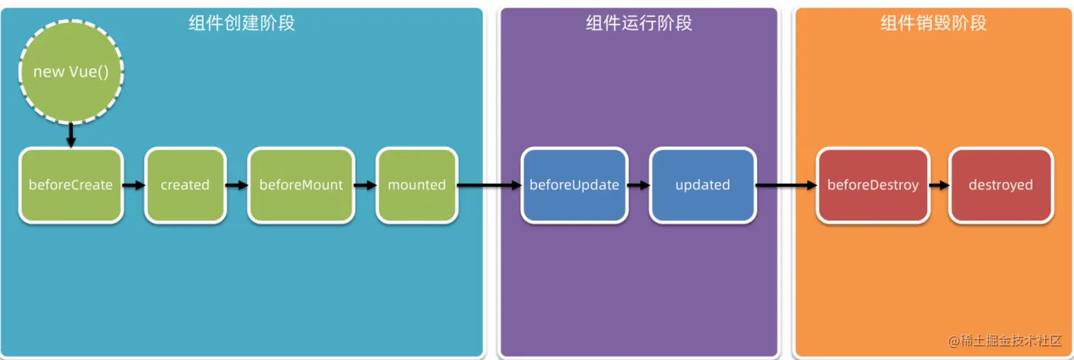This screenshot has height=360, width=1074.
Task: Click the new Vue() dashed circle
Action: (x=71, y=72)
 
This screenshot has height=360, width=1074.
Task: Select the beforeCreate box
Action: (x=70, y=185)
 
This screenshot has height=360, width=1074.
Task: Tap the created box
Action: (x=185, y=185)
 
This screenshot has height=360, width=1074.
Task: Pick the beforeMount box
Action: (x=300, y=185)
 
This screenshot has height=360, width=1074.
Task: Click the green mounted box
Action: (x=417, y=185)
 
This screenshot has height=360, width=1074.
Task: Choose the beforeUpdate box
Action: (x=574, y=185)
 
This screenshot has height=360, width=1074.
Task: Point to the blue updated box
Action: (x=703, y=185)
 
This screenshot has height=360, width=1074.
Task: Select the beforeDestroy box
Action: (x=872, y=185)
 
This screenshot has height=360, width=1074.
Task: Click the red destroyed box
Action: (x=1000, y=185)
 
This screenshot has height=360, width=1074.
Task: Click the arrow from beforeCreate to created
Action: (x=134, y=185)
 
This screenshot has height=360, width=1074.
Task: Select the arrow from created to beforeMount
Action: (x=237, y=185)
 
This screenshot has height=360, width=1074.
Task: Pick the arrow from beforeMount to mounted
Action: (x=365, y=185)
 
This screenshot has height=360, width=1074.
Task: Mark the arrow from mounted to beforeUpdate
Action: (x=489, y=185)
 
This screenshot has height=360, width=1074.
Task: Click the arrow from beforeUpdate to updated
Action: (x=639, y=185)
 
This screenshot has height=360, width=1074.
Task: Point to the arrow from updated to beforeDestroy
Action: (x=786, y=185)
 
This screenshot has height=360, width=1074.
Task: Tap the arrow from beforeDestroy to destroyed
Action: (x=939, y=185)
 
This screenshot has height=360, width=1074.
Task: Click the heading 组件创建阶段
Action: (x=242, y=23)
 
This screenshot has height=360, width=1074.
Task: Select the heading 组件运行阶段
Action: (x=639, y=23)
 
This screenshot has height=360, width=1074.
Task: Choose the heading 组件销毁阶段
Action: (x=933, y=23)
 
